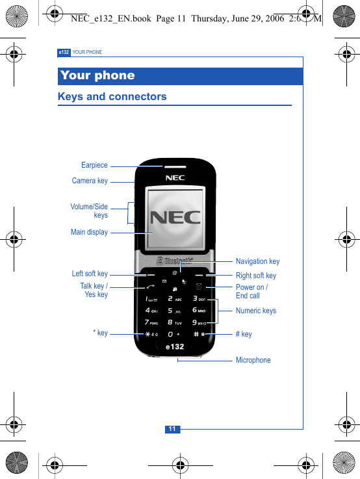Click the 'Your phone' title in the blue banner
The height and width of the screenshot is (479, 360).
click(x=97, y=75)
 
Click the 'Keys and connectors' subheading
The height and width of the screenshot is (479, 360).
click(x=112, y=97)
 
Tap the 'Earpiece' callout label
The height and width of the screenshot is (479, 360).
click(x=94, y=165)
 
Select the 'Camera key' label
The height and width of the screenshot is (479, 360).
click(x=90, y=181)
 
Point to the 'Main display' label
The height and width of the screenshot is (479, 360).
click(x=89, y=232)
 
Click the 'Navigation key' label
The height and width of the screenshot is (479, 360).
click(x=257, y=261)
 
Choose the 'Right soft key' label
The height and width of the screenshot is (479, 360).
click(x=255, y=276)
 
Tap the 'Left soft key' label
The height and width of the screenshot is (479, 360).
click(x=90, y=274)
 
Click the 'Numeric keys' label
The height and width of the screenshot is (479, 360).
click(x=255, y=311)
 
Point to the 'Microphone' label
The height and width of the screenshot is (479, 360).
click(x=253, y=360)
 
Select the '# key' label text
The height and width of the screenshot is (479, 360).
click(x=244, y=334)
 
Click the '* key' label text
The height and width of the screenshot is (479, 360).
click(x=100, y=333)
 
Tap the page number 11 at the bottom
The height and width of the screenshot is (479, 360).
click(x=172, y=429)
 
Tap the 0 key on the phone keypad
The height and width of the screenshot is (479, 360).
click(x=172, y=334)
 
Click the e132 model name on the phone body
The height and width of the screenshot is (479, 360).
click(x=174, y=346)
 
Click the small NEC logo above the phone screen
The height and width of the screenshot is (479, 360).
click(x=175, y=178)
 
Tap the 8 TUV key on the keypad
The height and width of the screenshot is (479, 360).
click(x=174, y=322)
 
